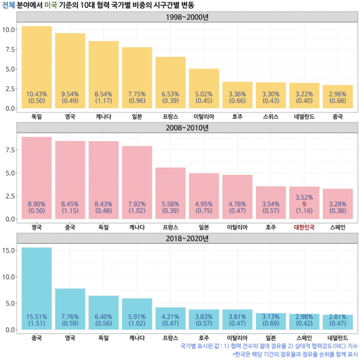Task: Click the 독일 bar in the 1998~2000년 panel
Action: click(x=37, y=67)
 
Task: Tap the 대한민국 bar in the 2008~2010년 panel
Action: click(x=304, y=202)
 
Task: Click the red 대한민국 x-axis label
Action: click(x=304, y=227)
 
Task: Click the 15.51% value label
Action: click(x=37, y=317)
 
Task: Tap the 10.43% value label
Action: click(x=37, y=94)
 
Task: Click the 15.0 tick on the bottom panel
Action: click(x=10, y=250)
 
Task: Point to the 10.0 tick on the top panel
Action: click(x=10, y=29)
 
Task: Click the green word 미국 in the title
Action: click(x=51, y=5)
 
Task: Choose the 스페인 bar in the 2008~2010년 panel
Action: click(x=338, y=204)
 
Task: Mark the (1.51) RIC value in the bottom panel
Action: click(x=37, y=324)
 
